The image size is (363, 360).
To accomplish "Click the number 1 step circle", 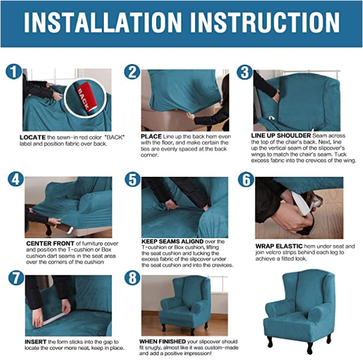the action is point(14,72).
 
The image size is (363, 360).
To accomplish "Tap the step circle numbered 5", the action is point(132,179).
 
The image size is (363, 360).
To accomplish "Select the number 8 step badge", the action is point(132,278).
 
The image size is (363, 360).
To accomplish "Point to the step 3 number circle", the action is point(245,72).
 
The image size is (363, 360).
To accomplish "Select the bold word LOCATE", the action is point(32,137).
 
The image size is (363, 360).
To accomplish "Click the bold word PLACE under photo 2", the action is point(151,136).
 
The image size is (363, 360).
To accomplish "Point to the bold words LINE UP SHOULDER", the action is point(281,135).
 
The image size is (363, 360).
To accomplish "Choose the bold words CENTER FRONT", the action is point(50,244).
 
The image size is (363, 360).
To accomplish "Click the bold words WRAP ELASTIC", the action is point(279,246).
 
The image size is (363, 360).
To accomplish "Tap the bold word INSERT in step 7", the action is point(36,342).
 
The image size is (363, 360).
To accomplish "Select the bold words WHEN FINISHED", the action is point(163,342).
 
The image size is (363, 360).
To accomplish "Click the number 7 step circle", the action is point(16,278).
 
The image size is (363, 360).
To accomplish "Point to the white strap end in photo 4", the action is point(70,231).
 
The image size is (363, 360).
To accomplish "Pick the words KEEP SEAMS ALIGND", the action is point(172,241).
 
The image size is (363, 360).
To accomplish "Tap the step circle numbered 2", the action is point(132,72).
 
